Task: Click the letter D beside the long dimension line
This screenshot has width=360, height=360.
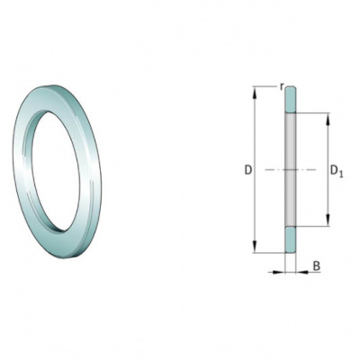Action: click(x=247, y=170)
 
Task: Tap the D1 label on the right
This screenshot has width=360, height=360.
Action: click(x=337, y=171)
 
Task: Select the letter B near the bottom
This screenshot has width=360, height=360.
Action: click(x=317, y=266)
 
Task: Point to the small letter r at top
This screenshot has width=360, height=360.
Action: click(x=282, y=86)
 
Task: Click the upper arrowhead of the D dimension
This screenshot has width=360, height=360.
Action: click(x=255, y=92)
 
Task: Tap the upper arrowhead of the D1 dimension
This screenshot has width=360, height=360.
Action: click(x=328, y=119)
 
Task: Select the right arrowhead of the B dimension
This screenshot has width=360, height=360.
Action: click(x=301, y=272)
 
